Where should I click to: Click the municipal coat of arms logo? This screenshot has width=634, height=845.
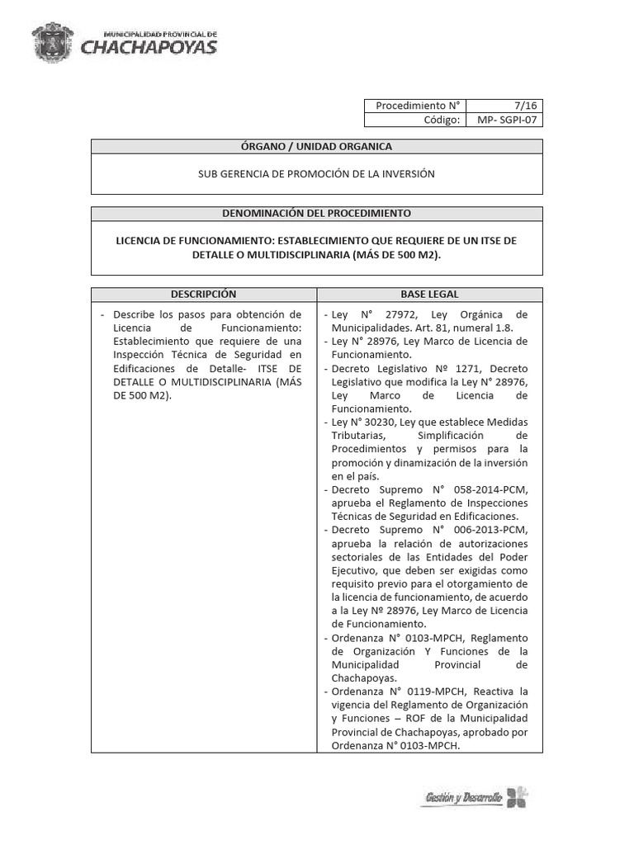click(56, 40)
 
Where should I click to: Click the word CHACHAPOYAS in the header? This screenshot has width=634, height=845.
click(149, 47)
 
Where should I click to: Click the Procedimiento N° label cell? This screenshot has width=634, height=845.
click(414, 106)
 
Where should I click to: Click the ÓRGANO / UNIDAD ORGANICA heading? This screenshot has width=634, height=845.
click(316, 146)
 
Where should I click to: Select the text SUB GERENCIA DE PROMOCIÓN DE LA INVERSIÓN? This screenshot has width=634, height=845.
click(316, 174)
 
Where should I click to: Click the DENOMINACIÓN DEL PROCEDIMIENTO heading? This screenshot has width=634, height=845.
click(316, 213)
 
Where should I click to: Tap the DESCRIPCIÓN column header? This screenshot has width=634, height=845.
click(203, 295)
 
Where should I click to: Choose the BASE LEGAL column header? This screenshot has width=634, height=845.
click(429, 295)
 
